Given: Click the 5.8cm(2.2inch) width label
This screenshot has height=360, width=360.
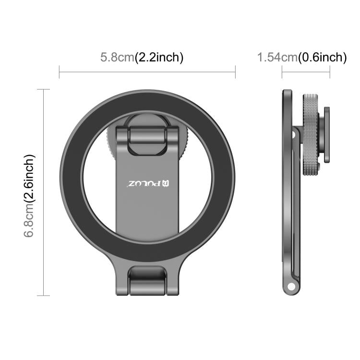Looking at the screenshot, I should [142, 58].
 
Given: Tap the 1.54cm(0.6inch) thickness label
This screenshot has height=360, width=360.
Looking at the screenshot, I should [302, 58].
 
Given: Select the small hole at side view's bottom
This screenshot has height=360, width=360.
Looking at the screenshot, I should [290, 288].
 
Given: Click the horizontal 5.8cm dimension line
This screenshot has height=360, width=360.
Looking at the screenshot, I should [147, 72].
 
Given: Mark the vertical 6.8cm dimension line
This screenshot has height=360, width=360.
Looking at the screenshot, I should [44, 192].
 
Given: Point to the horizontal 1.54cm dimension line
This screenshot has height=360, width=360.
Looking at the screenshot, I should [306, 72].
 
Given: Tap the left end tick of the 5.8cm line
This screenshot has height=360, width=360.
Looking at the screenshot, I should [60, 72].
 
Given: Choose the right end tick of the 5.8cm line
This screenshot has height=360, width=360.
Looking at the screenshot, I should [235, 72].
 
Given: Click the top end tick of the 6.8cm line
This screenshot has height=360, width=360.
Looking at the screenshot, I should [44, 89].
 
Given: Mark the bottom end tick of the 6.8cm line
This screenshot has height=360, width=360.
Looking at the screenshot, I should [44, 296].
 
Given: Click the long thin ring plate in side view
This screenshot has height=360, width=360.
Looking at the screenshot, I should [287, 192].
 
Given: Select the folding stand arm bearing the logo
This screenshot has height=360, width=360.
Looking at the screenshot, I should [147, 192].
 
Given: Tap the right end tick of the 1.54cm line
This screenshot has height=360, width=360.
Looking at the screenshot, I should [330, 72].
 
